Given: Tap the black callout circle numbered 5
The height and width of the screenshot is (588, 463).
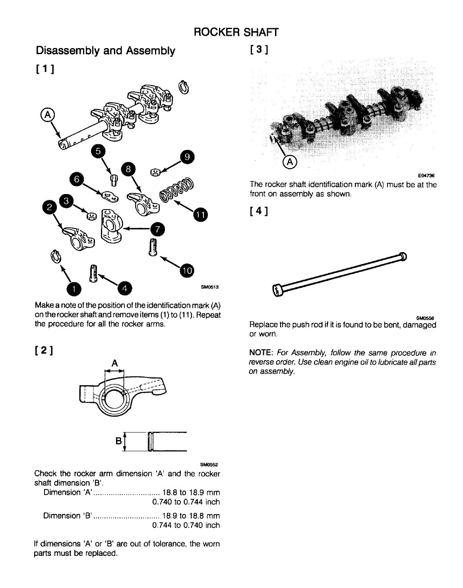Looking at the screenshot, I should click(x=98, y=151).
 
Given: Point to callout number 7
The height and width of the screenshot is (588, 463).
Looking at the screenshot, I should click(x=157, y=229).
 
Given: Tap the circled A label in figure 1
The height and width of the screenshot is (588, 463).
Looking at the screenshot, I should click(x=47, y=115).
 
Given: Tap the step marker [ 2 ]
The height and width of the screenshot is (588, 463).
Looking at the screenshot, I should click(x=45, y=351).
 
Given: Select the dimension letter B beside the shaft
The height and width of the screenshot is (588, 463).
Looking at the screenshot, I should click(x=118, y=441).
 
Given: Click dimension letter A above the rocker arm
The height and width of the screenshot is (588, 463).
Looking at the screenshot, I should click(x=114, y=363).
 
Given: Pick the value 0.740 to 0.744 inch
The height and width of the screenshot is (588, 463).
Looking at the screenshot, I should click(x=186, y=502).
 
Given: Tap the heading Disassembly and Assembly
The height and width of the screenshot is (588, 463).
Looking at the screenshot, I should click(x=105, y=51).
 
